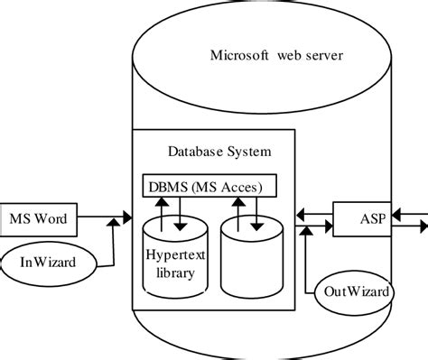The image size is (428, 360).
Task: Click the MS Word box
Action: click(x=40, y=217)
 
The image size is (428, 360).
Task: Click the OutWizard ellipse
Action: click(x=358, y=292)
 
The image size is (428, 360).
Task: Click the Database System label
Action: click(x=219, y=151)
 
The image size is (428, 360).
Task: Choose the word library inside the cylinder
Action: click(x=174, y=272)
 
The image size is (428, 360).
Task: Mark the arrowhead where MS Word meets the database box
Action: click(x=126, y=218)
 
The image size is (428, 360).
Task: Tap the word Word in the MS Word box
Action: click(x=54, y=217)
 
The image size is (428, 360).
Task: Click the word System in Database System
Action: click(x=248, y=151)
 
